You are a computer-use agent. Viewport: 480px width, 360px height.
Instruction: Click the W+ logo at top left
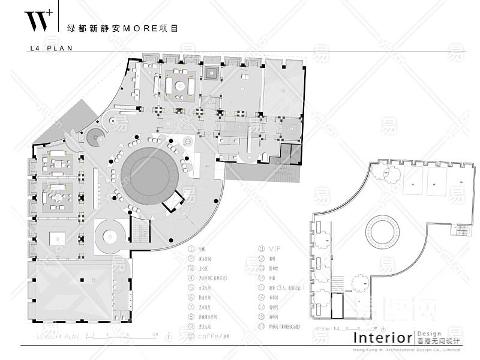(x=37, y=21)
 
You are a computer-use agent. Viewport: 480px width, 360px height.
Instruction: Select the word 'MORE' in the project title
(x=139, y=28)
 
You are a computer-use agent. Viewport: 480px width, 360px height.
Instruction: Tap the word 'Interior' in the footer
(x=382, y=338)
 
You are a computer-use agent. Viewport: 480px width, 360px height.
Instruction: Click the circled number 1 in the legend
(x=191, y=248)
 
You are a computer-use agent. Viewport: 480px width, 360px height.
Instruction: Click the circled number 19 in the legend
(x=262, y=326)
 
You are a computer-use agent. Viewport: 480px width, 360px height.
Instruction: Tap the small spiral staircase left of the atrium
(x=95, y=139)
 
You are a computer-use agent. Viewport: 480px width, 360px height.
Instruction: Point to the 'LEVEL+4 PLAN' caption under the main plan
(x=58, y=337)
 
